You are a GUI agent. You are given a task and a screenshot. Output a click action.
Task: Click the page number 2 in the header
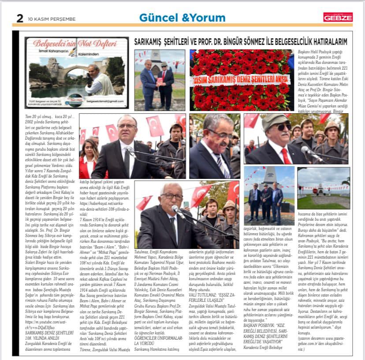point(19,18)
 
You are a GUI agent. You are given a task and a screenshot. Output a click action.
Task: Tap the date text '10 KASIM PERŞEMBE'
point(52,19)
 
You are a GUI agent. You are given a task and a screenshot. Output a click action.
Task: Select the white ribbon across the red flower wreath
point(241,81)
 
